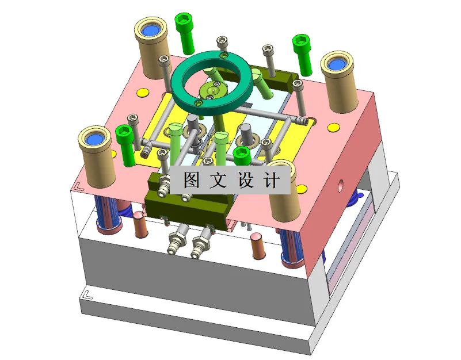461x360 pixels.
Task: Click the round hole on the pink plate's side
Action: point(341,186)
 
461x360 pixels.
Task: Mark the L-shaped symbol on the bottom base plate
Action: point(87,294)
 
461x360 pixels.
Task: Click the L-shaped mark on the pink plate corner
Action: point(79,186)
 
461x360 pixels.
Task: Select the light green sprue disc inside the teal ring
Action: point(211,90)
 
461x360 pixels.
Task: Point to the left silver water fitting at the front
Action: point(176,242)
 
